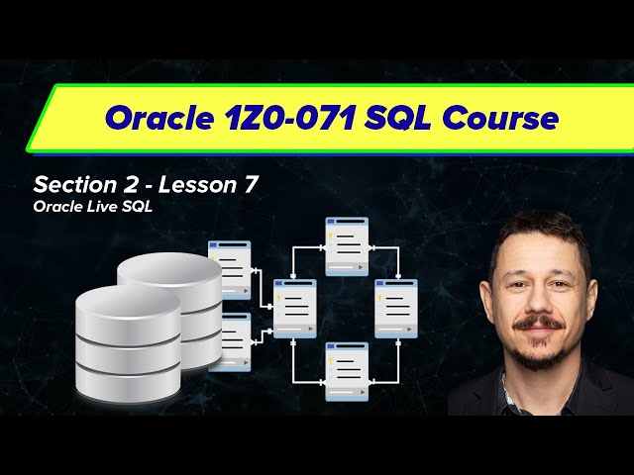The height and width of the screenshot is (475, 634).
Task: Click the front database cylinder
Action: coord(129,336)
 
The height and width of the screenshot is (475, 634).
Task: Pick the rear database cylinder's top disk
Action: coord(169,269)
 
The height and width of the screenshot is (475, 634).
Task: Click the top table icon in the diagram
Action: coord(347,245)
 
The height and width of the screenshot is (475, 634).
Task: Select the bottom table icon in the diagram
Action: coord(347,370)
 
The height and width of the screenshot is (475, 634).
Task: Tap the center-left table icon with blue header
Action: coord(294,309)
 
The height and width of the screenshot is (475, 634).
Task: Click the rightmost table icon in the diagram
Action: coord(396,309)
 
